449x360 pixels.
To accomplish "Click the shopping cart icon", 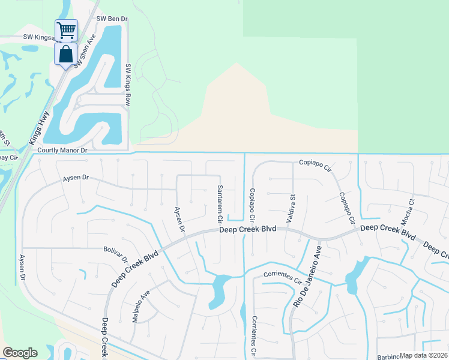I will [66, 29].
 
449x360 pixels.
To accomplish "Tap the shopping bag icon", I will [65, 54].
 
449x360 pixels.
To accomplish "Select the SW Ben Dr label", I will [113, 19].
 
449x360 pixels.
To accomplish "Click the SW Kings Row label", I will [128, 85].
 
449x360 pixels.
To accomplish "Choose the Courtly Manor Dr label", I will [62, 151].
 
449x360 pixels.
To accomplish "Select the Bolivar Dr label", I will [116, 254].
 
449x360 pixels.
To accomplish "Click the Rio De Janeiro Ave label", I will [307, 275].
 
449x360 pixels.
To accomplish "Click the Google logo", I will [20, 353].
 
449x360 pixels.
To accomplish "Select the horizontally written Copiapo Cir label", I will [315, 163].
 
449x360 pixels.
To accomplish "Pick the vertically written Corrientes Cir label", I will [255, 335].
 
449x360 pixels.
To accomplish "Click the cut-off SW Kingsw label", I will [39, 37].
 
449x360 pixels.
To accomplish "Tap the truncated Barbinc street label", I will [390, 357].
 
